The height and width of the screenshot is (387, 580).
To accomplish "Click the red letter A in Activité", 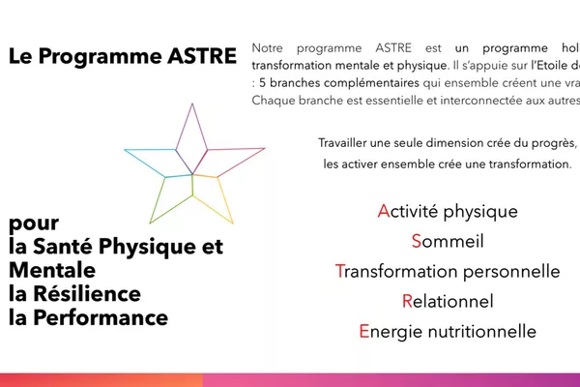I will point(383,211).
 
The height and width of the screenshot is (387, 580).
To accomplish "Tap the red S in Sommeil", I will point(417,241).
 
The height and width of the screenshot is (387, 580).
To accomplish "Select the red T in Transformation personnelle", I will point(339,271).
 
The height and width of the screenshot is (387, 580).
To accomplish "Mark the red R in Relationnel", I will point(407,301).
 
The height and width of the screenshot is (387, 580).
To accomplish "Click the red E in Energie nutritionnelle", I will point(363,331).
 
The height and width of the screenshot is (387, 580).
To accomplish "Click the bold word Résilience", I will point(89,293).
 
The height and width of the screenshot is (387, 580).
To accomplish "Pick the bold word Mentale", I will point(52,270).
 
